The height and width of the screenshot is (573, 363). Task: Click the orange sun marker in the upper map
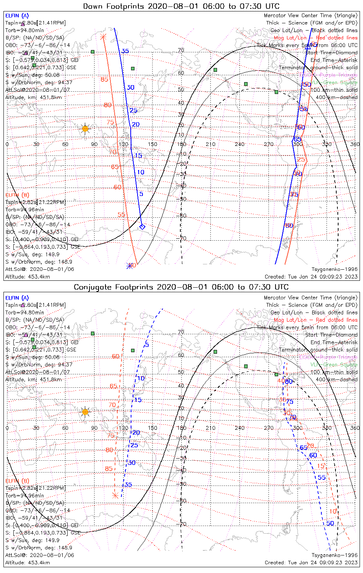pos(85,129)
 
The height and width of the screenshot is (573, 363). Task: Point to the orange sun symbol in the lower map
pos(85,412)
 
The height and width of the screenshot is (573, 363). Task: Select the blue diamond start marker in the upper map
pos(142,227)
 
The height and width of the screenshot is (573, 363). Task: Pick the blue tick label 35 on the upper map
pos(125,51)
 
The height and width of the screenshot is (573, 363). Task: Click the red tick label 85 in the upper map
pos(104,79)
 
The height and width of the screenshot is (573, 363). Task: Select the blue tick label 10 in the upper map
pos(141,172)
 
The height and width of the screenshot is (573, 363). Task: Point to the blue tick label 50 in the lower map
pos(330,523)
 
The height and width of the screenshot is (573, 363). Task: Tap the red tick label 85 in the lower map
pos(109,469)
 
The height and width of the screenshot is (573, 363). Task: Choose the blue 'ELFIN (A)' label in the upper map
pos(17,16)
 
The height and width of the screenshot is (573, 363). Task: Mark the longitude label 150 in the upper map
pos(152,144)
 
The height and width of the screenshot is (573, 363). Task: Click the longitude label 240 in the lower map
pos(240,428)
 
